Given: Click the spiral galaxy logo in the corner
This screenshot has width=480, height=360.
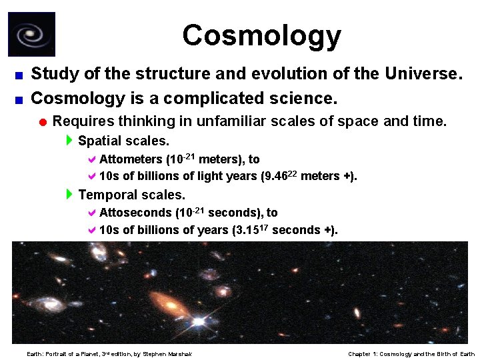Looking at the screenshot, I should coord(31,34).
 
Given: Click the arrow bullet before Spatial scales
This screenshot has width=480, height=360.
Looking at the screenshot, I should coord(70,141).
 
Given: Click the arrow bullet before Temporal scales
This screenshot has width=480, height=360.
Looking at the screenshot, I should coord(70,195).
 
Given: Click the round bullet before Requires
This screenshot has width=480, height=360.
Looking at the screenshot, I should coord(42,122).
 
